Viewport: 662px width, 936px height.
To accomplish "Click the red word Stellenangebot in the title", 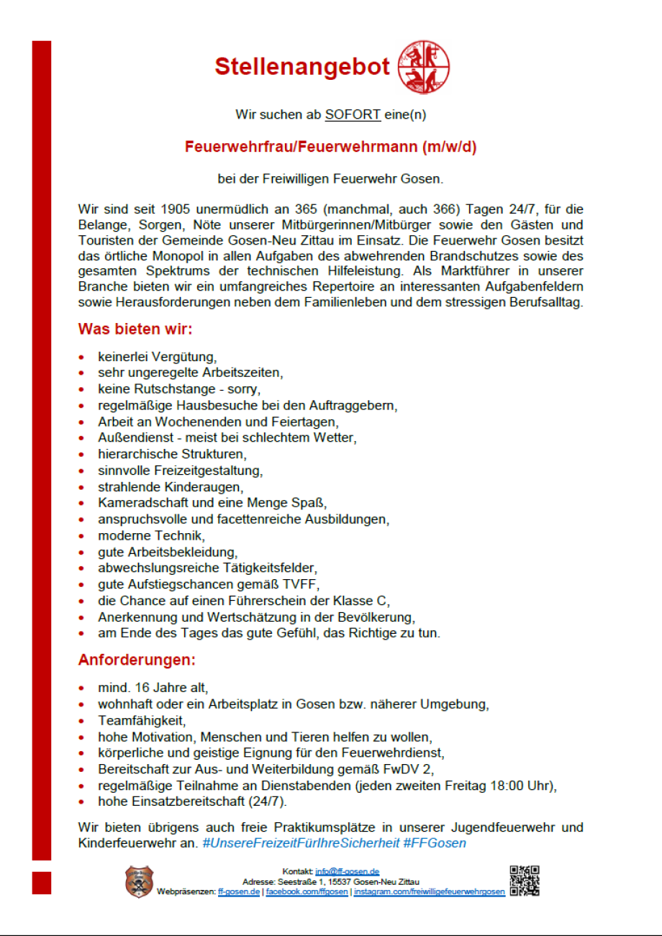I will coord(302,67).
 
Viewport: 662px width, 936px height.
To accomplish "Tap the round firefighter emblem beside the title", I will coord(424,67).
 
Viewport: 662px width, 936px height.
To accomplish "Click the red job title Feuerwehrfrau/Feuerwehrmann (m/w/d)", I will coord(331,147).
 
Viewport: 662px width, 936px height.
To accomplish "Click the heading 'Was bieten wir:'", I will coord(135,330).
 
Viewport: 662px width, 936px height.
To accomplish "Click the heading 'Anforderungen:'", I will coord(137,660).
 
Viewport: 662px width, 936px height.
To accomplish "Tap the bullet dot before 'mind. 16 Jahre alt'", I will coord(82,689).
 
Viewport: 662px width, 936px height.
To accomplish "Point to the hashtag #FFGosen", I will coord(434,842).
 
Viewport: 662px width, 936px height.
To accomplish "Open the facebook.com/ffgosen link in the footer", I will coord(307,892).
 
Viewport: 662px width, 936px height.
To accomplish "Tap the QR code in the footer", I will coord(525,881).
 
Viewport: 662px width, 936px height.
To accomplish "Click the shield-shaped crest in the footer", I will coord(139,881).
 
